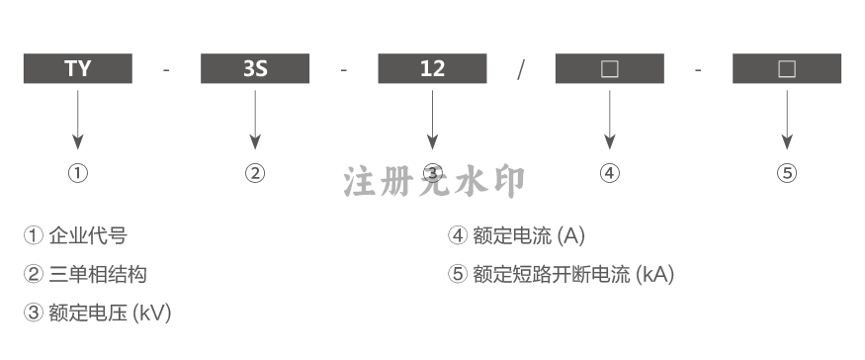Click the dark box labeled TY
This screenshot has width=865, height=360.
tap(78, 68)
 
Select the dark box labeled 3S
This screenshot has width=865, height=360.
tap(255, 68)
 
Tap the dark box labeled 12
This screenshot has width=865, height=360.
tap(433, 68)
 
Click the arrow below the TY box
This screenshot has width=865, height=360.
tap(78, 120)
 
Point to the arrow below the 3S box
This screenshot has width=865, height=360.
tap(255, 120)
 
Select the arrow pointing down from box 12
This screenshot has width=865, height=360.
tap(433, 120)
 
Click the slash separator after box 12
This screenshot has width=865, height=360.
tap(521, 69)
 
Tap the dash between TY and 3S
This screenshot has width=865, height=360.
tap(167, 70)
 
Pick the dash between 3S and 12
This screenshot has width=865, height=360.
tap(344, 70)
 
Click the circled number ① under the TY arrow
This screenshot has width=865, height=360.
tap(78, 173)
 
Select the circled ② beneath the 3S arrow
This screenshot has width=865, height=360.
tap(255, 173)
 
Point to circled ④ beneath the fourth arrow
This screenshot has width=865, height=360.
tap(610, 173)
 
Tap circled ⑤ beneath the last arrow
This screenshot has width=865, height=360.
tap(787, 173)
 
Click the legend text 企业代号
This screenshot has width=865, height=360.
tap(88, 235)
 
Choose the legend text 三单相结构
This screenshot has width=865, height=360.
tap(98, 274)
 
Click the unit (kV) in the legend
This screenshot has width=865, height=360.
tap(152, 314)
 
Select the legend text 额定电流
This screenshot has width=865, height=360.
tap(512, 235)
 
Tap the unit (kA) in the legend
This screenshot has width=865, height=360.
tap(655, 274)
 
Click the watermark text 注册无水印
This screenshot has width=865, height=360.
tap(434, 182)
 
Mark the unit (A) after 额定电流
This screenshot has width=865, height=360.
tap(571, 235)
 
